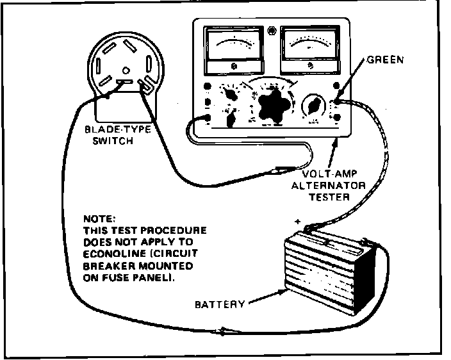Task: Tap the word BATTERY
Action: coord(220,304)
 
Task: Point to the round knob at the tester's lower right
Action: coord(314,105)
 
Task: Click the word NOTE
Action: coord(95,218)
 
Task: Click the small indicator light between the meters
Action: coord(272,30)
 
